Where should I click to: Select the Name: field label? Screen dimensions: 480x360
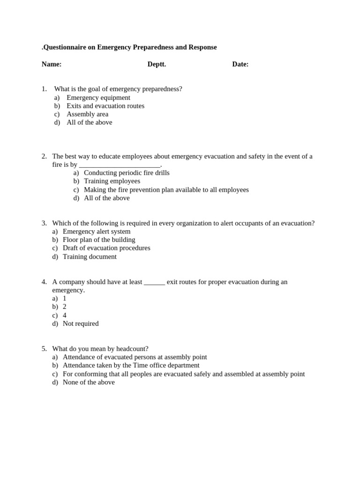(x=52, y=64)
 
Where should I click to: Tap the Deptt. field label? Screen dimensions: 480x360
(x=157, y=64)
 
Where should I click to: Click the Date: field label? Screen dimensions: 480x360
(x=240, y=64)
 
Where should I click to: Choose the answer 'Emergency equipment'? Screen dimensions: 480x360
(x=98, y=97)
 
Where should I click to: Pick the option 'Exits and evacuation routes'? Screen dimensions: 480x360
(x=105, y=106)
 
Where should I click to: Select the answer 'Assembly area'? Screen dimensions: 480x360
(x=87, y=114)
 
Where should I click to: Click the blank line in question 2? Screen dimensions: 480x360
(x=120, y=165)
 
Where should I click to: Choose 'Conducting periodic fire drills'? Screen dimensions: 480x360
(x=127, y=173)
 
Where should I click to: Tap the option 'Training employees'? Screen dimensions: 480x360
(x=112, y=181)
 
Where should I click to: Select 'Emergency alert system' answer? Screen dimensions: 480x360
(x=97, y=232)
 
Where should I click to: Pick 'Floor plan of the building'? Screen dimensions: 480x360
(x=99, y=240)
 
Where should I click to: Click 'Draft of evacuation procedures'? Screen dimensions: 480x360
(x=106, y=248)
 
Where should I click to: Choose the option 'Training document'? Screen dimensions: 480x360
(x=90, y=257)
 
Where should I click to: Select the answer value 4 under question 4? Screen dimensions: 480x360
(x=65, y=315)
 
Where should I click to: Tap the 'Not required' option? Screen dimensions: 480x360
(x=81, y=323)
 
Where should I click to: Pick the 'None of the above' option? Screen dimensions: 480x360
(x=89, y=382)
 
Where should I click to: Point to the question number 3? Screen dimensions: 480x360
(x=44, y=223)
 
